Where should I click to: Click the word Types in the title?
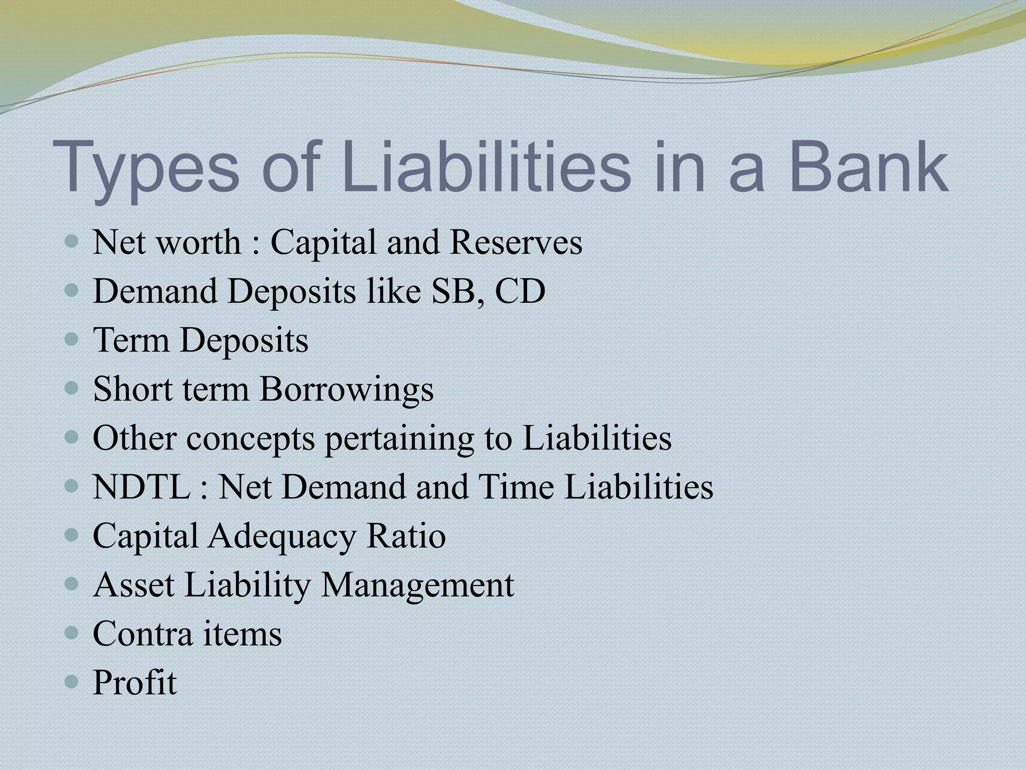tap(146, 168)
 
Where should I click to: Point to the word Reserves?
tap(516, 243)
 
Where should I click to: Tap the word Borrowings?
tap(346, 389)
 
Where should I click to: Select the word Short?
tap(133, 389)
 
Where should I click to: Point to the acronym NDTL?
tap(142, 487)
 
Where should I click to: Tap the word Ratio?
tap(406, 536)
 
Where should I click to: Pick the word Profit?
tap(135, 682)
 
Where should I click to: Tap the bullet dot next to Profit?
tap(72, 682)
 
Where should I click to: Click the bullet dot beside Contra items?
tap(72, 634)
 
